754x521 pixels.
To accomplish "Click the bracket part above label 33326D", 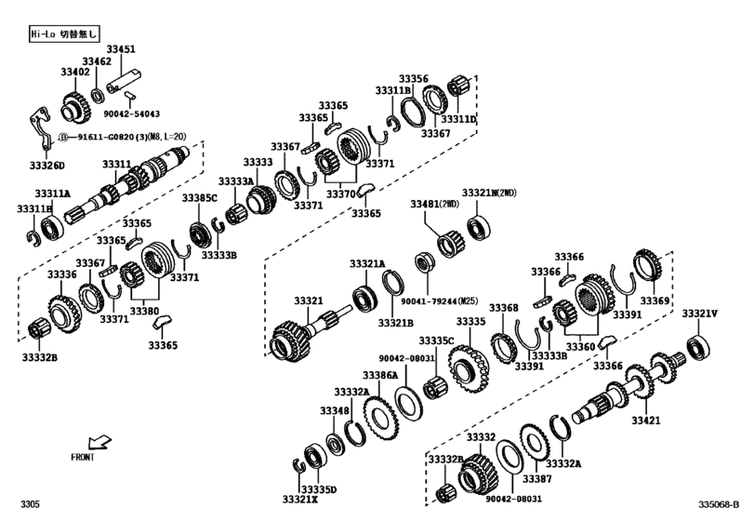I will pyautogui.click(x=39, y=131).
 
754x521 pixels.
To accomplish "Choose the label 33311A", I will pyautogui.click(x=53, y=194).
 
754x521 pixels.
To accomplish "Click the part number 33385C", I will pyautogui.click(x=199, y=198).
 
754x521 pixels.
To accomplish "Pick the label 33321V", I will pyautogui.click(x=700, y=314).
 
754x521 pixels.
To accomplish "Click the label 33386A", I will pyautogui.click(x=379, y=375).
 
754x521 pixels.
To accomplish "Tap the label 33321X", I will pyautogui.click(x=300, y=499).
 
